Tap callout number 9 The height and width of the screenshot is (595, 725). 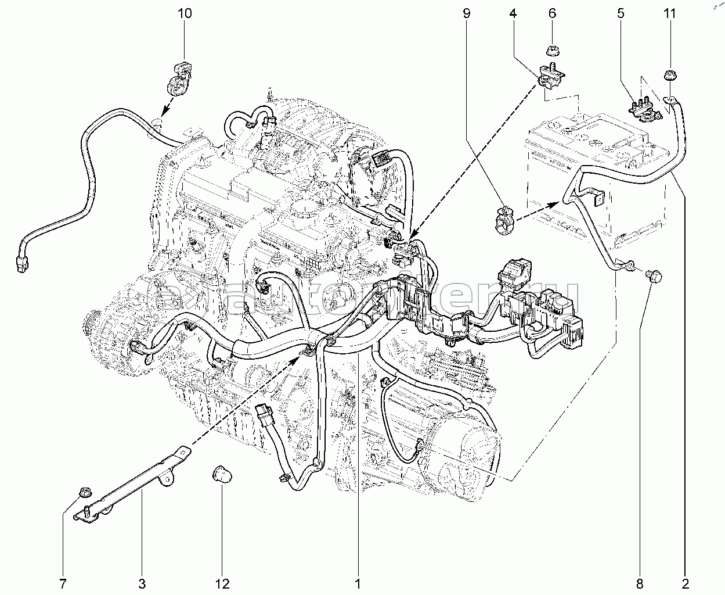(466, 13)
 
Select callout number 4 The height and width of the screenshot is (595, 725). (513, 13)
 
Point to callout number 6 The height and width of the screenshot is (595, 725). (552, 13)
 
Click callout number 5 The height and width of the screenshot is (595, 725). (621, 13)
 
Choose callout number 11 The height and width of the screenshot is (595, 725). (670, 13)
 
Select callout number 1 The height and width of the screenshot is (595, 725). (358, 583)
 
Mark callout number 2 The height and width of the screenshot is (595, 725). (686, 583)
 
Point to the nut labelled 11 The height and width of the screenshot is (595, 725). (671, 76)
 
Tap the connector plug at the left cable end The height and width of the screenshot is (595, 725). (23, 266)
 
